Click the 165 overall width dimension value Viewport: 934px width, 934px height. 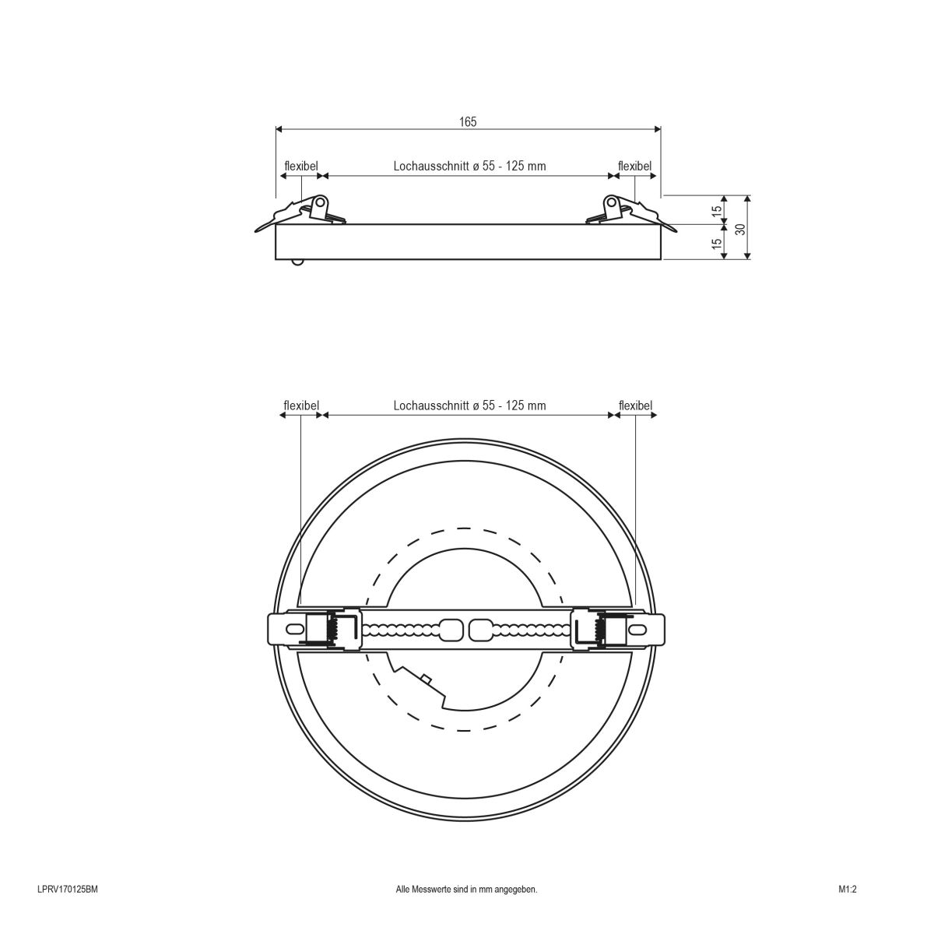click(x=467, y=121)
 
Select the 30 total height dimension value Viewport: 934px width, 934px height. click(x=740, y=228)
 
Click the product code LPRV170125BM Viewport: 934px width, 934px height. click(x=67, y=889)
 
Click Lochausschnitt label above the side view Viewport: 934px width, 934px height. click(x=433, y=166)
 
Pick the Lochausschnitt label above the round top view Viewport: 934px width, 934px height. click(x=433, y=406)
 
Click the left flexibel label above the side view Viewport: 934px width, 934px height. click(x=300, y=166)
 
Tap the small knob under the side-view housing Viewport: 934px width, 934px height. click(x=297, y=262)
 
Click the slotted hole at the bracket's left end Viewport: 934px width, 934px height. click(x=295, y=629)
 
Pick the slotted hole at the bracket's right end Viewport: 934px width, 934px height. click(x=638, y=629)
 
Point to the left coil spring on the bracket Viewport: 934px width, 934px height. click(x=332, y=629)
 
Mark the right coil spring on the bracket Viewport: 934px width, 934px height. click(x=600, y=629)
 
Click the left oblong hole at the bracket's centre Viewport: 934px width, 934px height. click(x=451, y=629)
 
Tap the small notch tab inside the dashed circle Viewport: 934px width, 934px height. click(x=426, y=679)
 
